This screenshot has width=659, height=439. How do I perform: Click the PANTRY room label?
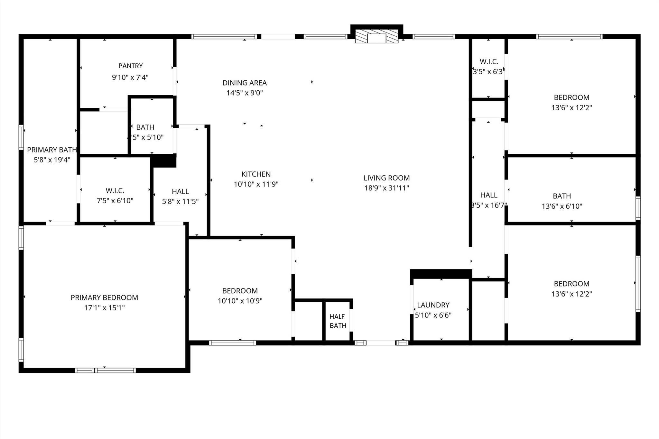click(130, 66)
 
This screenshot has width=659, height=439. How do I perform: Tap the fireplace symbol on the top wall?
click(376, 36)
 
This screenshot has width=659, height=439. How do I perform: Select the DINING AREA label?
click(245, 83)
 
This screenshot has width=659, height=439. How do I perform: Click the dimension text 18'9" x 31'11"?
click(386, 188)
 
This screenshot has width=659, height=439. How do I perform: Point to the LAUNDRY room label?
click(433, 305)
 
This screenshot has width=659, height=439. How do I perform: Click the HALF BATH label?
click(338, 321)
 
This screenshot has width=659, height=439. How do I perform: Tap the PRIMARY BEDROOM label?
click(104, 298)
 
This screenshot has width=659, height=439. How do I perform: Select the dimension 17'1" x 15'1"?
click(104, 308)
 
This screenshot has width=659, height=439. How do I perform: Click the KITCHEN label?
click(256, 174)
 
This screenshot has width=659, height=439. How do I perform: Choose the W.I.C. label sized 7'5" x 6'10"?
click(115, 191)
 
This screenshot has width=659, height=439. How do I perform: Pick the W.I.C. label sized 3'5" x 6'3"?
click(489, 62)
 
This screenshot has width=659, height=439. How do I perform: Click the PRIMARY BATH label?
click(52, 150)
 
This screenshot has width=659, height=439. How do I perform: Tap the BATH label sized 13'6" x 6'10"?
click(562, 196)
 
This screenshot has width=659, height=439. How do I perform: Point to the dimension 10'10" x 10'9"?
click(240, 301)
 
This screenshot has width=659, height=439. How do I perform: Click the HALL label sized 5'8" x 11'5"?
click(180, 192)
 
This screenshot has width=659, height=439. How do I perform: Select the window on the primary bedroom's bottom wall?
click(106, 370)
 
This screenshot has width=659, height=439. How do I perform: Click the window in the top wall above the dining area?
click(224, 37)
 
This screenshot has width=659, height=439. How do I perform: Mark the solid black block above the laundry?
click(441, 274)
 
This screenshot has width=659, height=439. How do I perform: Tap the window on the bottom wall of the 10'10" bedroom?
click(232, 343)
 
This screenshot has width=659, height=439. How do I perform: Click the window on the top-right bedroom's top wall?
click(569, 37)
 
